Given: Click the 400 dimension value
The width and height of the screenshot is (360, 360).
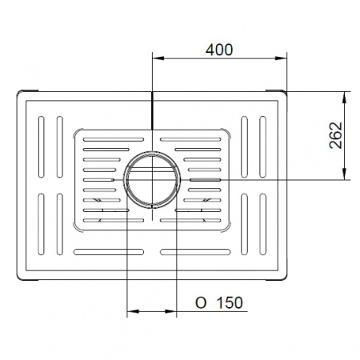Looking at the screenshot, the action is (219, 50).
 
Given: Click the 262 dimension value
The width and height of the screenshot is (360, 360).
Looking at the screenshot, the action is (336, 135).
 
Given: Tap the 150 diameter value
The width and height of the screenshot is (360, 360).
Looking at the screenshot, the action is (230, 302).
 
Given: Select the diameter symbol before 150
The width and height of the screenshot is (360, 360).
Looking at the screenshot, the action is (201, 303).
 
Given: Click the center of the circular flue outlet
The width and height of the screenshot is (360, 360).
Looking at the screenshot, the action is (152, 180).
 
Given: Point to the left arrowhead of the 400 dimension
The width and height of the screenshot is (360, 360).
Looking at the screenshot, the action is (158, 58).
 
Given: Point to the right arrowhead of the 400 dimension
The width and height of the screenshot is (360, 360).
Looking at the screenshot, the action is (281, 58).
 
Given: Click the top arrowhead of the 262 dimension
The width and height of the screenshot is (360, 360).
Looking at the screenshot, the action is (345, 98).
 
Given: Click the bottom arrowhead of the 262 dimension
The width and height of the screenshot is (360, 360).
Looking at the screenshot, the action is (345, 174).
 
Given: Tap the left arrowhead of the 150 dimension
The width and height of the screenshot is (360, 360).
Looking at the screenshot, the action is (133, 311).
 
